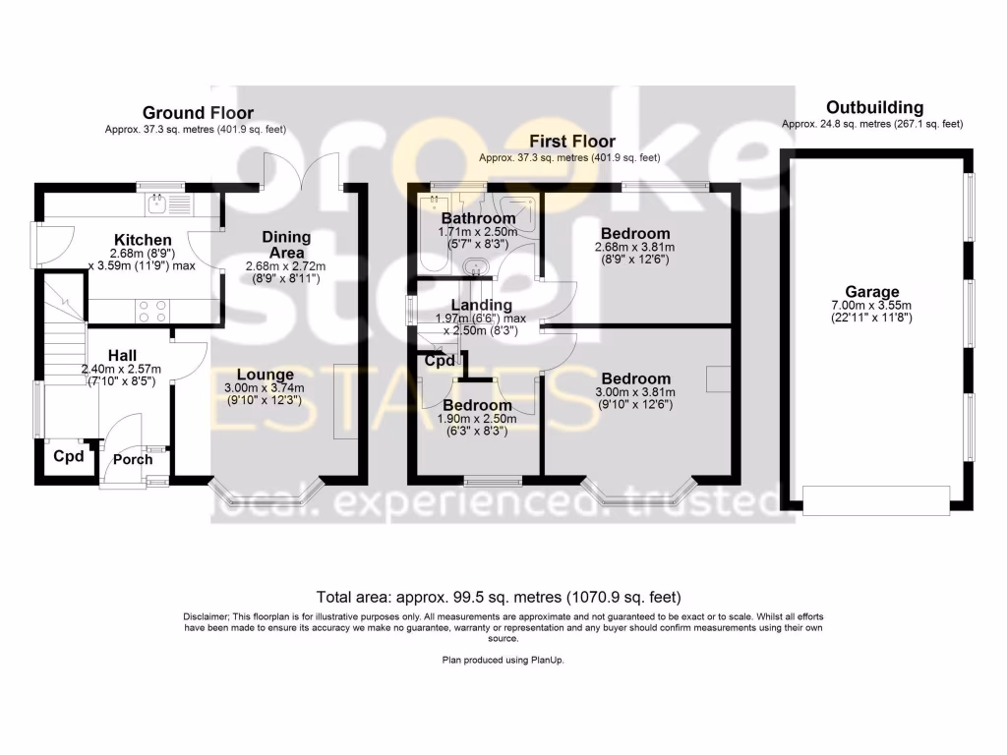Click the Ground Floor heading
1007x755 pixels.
pyautogui.click(x=198, y=113)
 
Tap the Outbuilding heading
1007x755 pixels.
pyautogui.click(x=874, y=107)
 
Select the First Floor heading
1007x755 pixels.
pyautogui.click(x=572, y=142)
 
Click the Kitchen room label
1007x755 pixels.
pyautogui.click(x=143, y=240)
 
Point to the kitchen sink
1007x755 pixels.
pyautogui.click(x=156, y=204)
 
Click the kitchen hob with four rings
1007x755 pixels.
pyautogui.click(x=148, y=311)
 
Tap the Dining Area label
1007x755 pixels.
pyautogui.click(x=286, y=245)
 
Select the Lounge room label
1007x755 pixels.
pyautogui.click(x=265, y=374)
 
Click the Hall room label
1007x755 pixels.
pyautogui.click(x=123, y=355)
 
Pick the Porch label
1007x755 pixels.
pyautogui.click(x=133, y=459)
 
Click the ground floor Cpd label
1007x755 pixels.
pyautogui.click(x=68, y=456)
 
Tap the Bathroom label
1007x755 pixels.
pyautogui.click(x=478, y=218)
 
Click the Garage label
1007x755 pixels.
pyautogui.click(x=872, y=292)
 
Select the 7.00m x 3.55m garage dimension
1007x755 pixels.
pyautogui.click(x=872, y=306)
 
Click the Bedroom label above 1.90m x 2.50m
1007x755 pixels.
pyautogui.click(x=477, y=405)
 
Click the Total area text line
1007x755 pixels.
pyautogui.click(x=498, y=597)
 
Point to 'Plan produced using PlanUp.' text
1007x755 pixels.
pyautogui.click(x=503, y=661)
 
